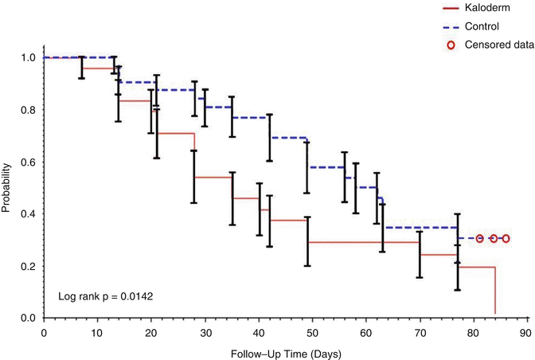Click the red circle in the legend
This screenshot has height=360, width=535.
point(451,45)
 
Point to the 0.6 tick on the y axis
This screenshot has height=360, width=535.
point(27,162)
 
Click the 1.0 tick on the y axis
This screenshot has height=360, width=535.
point(27,58)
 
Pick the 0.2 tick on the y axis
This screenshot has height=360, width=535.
point(27,267)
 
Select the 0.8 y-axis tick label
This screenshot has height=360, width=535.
point(27,110)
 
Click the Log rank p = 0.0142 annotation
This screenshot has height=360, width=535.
point(105,297)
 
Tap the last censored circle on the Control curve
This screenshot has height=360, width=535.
point(506,238)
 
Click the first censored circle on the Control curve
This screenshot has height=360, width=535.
point(479,238)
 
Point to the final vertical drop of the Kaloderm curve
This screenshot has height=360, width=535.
point(495,292)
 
